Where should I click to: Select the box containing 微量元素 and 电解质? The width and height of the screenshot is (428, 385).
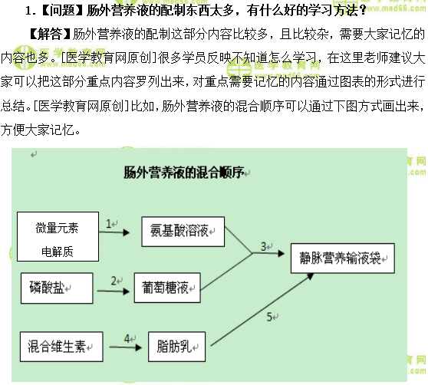(56, 238)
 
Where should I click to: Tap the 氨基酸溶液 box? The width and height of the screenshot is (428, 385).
(182, 231)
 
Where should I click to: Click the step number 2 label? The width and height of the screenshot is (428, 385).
(114, 280)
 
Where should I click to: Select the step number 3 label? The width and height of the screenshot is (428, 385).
(263, 246)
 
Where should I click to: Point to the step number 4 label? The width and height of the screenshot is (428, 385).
(127, 337)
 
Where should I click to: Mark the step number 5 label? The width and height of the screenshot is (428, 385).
(269, 315)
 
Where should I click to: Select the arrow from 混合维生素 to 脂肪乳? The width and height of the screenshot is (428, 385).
(123, 347)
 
